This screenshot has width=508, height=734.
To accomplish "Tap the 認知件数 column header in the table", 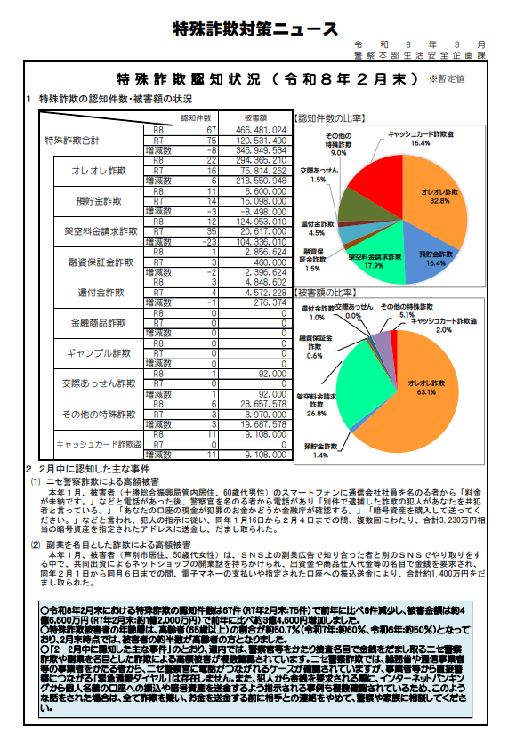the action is [195, 117].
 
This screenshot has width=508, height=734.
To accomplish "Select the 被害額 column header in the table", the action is [257, 117].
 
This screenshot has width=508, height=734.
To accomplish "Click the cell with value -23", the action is [209, 241].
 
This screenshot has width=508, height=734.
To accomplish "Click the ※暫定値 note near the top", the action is [447, 79].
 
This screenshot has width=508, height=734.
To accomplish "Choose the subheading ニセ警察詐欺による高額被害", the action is [118, 480].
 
